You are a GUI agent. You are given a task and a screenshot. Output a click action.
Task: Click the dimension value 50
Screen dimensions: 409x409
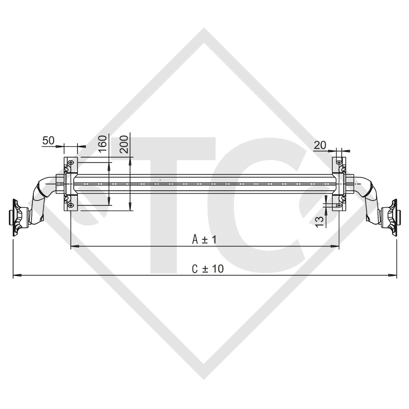(x=48, y=140)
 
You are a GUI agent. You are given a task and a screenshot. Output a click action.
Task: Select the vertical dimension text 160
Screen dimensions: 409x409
(x=103, y=143)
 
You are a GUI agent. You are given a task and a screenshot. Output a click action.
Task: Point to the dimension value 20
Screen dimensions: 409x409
(x=320, y=145)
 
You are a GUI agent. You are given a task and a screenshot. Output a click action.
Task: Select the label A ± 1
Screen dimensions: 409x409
(x=204, y=240)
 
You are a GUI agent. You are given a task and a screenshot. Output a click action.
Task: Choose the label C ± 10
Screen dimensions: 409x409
(x=208, y=269)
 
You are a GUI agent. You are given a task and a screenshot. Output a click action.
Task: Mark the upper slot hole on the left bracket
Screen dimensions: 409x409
(x=71, y=163)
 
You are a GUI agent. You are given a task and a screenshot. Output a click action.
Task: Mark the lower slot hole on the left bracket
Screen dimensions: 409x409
(x=71, y=205)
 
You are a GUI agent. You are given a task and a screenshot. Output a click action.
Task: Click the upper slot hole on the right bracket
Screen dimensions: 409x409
(x=339, y=163)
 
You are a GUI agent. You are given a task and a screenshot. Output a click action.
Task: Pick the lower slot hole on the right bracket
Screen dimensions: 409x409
(x=339, y=205)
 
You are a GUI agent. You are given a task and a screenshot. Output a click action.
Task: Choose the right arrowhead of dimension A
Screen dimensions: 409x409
(x=336, y=247)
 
